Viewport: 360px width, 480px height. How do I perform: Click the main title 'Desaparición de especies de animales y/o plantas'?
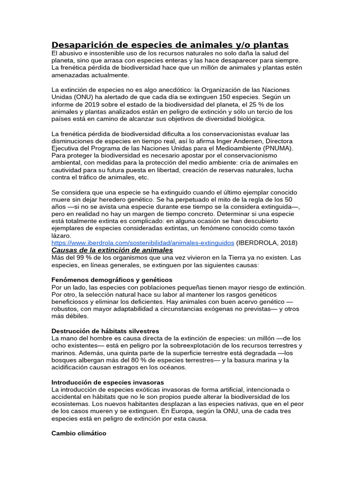tap(170, 45)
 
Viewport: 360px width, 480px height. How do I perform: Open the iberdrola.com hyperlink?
tap(142, 243)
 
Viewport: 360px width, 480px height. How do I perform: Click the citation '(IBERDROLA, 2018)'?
tap(267, 243)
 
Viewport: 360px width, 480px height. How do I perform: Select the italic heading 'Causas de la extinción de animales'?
tap(112, 250)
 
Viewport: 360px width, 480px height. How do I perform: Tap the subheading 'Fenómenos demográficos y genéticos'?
tap(112, 280)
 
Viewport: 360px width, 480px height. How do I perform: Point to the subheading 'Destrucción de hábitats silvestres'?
tap(105, 331)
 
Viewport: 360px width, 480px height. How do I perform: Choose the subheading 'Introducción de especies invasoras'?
tap(108, 382)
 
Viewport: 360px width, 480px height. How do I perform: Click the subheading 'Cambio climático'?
tap(79, 434)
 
